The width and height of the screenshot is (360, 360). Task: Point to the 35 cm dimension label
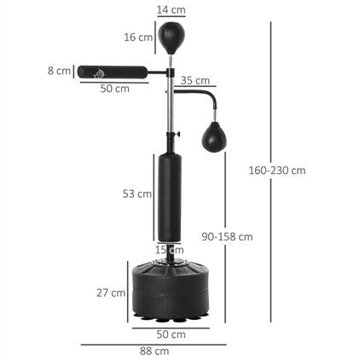point(196,81)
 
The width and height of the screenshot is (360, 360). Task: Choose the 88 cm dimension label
point(155,351)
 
